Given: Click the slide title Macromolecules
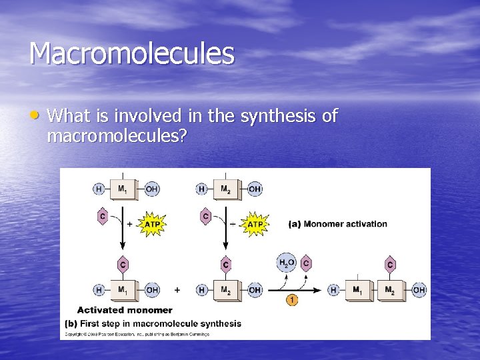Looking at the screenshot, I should [131, 53].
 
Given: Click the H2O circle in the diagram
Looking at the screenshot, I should [286, 263].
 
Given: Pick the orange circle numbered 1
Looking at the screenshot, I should [292, 300].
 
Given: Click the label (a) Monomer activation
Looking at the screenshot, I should [337, 224].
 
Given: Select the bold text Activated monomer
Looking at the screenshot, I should [125, 310].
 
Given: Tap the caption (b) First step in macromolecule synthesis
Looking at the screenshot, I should [153, 323].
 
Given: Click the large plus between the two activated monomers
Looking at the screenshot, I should [177, 290].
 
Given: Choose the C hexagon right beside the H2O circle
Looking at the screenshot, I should [306, 263].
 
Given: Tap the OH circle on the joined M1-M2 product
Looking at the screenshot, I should [419, 290].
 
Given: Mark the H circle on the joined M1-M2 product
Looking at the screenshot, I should [333, 290].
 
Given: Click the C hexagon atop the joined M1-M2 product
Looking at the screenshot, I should [390, 265].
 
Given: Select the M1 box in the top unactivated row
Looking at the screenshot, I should [123, 189].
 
